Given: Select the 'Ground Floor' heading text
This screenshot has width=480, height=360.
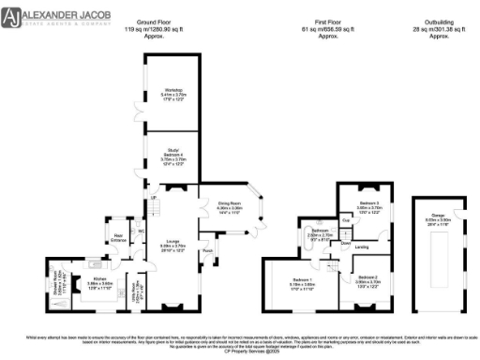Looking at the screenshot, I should coord(158,20).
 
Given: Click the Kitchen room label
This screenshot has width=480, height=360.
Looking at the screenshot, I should coord(101,279).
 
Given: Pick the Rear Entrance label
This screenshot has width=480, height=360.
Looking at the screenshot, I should coord(119,236).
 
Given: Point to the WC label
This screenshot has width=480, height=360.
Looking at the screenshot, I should coord(142,231).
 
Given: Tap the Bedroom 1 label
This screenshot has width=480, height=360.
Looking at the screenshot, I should coord(302,281).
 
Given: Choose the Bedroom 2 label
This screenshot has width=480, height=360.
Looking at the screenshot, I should coord(367,279).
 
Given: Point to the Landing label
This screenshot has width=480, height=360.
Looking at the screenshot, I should coord(361,247).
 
